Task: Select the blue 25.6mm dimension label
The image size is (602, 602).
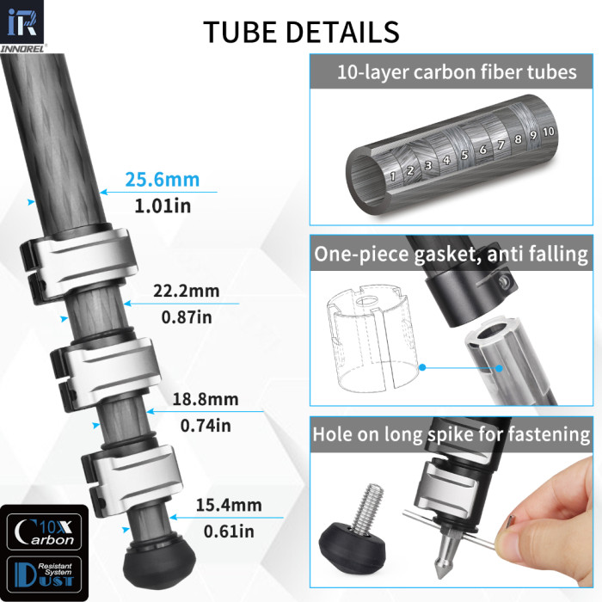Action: (163, 180)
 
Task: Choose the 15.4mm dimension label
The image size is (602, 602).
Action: (229, 505)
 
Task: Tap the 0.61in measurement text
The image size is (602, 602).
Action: (229, 531)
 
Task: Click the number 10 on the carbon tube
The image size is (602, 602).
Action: (549, 131)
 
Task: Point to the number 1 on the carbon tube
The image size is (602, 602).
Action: (393, 175)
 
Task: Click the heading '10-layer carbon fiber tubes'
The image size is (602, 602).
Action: (456, 71)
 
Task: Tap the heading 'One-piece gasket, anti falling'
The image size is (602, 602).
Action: (451, 255)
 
